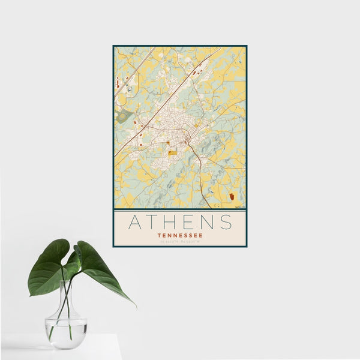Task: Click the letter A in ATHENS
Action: coord(137,222)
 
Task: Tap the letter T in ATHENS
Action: coord(155,222)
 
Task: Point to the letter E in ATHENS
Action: coord(192,222)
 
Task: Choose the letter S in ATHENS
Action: coord(226,222)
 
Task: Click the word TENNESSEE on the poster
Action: coord(180,235)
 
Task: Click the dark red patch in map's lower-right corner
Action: coord(232,196)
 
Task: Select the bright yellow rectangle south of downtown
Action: coord(173,153)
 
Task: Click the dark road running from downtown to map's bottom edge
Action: coord(200,174)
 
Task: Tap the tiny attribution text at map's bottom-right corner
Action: coord(240,206)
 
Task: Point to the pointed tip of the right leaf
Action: coord(134,305)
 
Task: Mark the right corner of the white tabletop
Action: coord(121,336)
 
